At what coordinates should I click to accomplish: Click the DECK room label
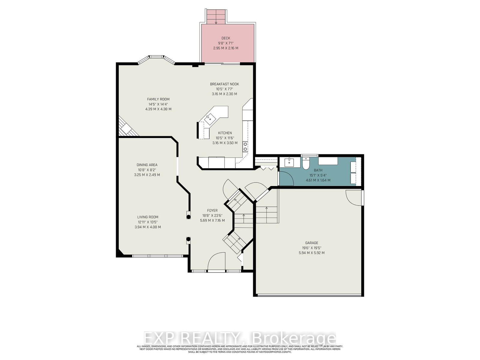pos(226,38)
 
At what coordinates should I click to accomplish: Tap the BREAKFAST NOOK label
pos(224,84)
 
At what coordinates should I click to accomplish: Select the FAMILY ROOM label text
pos(158,99)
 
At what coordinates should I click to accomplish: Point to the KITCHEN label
pos(225,133)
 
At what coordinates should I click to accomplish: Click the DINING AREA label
pos(147,165)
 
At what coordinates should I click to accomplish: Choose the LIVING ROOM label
pos(148,217)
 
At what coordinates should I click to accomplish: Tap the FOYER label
pos(212,211)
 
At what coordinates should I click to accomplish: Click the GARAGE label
pos(312,243)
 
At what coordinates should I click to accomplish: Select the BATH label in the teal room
pos(318,170)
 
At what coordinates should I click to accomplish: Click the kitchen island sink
pos(209,119)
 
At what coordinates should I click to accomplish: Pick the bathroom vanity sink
pos(289,162)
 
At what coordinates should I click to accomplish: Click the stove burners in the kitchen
pos(245,146)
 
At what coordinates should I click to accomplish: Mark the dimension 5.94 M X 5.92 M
pos(311,253)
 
